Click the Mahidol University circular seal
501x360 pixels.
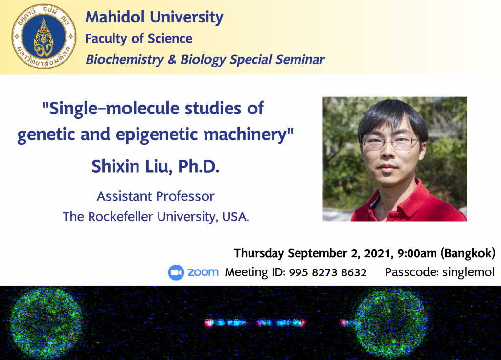click(44, 36)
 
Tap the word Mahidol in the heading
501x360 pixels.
click(115, 17)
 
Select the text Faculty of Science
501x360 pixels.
click(138, 39)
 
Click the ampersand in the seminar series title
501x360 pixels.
click(172, 59)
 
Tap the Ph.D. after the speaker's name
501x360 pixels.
click(199, 166)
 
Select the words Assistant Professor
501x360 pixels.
click(156, 196)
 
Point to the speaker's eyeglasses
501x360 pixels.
click(390, 142)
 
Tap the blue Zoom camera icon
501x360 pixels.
click(176, 272)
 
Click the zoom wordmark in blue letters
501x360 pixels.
click(203, 272)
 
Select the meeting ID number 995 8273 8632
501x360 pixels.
click(327, 272)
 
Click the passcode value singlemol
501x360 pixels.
click(468, 272)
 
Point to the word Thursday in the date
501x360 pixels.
click(259, 253)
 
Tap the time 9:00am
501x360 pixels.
click(417, 253)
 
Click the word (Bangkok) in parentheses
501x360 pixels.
click(468, 253)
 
